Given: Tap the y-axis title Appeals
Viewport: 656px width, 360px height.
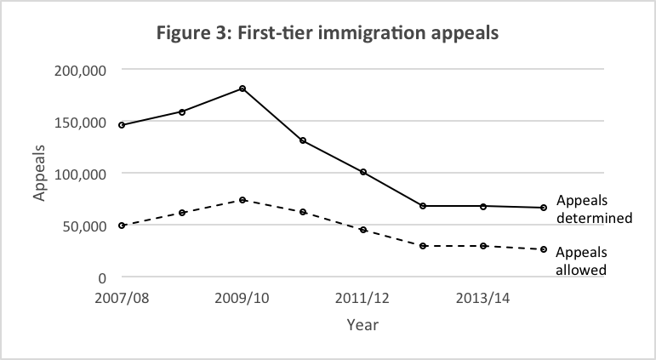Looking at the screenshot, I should (x=39, y=173).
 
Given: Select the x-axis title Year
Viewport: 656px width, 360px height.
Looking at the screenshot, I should (x=362, y=324).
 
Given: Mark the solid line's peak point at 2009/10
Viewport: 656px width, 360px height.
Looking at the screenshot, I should (x=242, y=89).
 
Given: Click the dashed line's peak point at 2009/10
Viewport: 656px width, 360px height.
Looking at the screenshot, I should (x=242, y=200).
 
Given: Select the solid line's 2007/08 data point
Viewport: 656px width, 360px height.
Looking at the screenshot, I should (x=122, y=125).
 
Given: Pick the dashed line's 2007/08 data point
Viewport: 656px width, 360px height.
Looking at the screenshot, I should (x=122, y=226).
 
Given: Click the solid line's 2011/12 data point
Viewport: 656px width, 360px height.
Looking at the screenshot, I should (x=363, y=172).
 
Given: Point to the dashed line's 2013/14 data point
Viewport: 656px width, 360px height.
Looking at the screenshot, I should (x=483, y=246).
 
